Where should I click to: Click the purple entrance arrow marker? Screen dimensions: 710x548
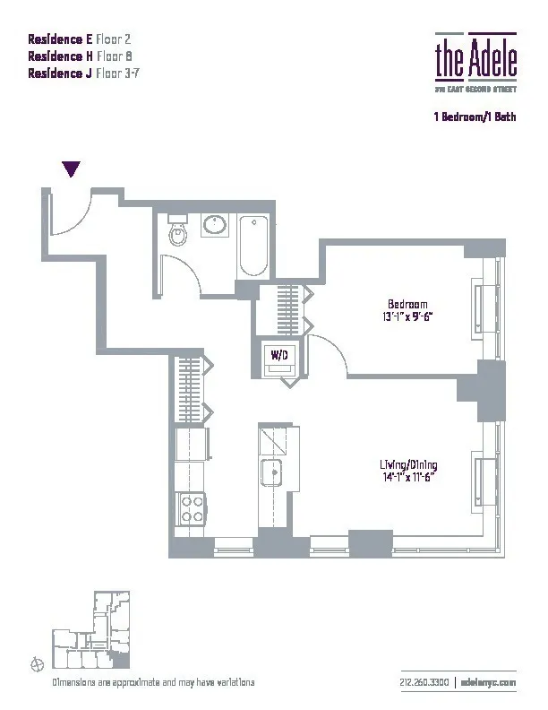[x=72, y=169]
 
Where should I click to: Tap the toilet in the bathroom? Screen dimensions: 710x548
[x=178, y=235]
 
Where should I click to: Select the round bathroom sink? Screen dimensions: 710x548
[x=214, y=225]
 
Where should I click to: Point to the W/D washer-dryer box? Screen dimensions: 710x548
[x=279, y=356]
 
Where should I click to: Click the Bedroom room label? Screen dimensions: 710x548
[x=407, y=304]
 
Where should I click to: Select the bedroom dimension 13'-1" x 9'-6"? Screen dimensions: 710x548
[x=407, y=316]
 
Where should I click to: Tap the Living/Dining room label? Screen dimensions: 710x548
[x=407, y=465]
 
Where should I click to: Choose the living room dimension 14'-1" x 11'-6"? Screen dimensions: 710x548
[x=407, y=478]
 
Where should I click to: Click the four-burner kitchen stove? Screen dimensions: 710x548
[x=192, y=509]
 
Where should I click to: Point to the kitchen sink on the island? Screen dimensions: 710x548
[x=271, y=471]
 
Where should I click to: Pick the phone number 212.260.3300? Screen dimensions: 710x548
[x=425, y=682]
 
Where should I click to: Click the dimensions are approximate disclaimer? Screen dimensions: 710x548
[x=147, y=682]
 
